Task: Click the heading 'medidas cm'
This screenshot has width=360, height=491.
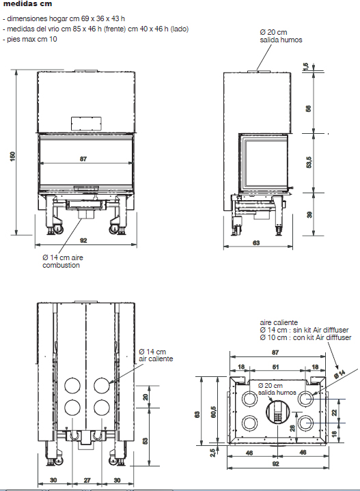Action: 27,4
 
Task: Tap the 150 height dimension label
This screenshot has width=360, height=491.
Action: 12,156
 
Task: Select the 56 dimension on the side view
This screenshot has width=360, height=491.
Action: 309,109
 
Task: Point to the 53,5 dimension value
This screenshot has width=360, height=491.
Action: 309,163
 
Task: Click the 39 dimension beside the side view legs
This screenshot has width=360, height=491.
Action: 309,215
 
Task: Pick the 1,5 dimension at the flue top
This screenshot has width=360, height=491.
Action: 306,66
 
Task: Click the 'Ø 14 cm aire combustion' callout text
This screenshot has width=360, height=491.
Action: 63,262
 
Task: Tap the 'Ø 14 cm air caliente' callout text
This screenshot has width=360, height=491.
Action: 156,355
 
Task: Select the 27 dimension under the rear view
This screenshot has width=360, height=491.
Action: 87,480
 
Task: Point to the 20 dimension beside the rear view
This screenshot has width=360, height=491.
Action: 146,397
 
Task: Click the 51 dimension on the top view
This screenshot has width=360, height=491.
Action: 275,367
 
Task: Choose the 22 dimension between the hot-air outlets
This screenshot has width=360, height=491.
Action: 334,412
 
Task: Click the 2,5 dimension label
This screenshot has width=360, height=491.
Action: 212,453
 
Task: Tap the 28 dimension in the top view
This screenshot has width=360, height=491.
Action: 292,428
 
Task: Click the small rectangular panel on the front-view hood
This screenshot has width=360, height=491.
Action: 87,124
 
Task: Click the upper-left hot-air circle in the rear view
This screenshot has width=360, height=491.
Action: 72,385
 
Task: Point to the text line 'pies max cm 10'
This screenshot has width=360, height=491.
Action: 30,39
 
